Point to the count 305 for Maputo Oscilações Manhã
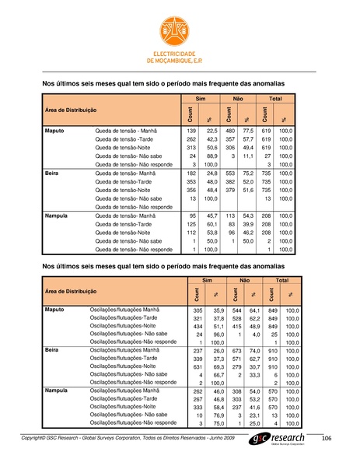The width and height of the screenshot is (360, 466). pyautogui.click(x=197, y=310)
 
